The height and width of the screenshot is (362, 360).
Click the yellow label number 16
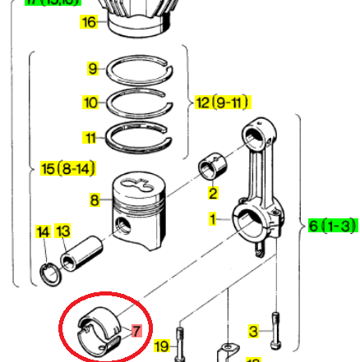89,22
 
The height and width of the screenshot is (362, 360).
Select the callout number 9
93,68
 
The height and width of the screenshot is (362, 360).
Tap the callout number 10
90,103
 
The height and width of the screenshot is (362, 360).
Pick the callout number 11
90,136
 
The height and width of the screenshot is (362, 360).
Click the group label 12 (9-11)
222,103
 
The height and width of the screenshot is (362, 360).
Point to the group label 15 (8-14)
68,169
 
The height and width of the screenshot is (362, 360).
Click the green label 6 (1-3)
333,226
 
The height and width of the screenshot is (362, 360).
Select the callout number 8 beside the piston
95,199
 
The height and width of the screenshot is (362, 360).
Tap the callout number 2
213,194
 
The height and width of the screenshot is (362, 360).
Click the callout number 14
44,232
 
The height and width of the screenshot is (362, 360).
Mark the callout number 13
63,232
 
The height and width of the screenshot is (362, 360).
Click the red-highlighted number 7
136,331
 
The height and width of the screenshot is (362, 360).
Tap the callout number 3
254,331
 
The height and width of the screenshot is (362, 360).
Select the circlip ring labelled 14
49,273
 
